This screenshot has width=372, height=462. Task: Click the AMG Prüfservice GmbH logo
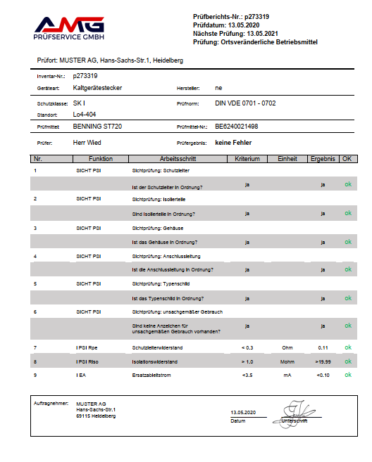pos(69,27)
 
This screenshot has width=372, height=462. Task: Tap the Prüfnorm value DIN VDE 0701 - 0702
pos(244,103)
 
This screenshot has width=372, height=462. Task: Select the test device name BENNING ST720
pos(97,127)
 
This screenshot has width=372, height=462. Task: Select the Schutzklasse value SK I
pos(79,103)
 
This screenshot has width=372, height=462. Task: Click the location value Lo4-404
pos(84,113)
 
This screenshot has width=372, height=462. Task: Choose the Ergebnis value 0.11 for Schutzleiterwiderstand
pos(323,347)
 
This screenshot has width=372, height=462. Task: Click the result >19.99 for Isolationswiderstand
pos(323,361)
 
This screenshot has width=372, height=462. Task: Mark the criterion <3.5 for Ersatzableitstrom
pos(247,375)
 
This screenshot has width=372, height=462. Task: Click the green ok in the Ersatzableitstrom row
pos(347,375)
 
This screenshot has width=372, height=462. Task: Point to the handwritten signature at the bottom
pos(295,412)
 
